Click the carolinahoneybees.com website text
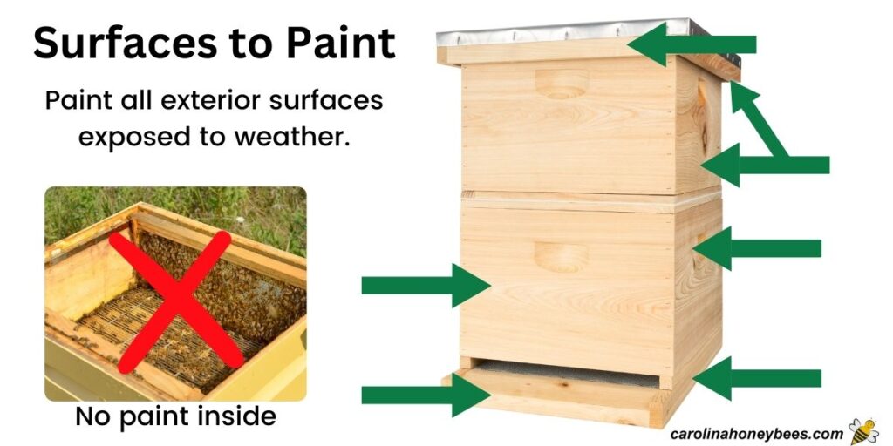click(x=757, y=433)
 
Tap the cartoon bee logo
click(x=864, y=430)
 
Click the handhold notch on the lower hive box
click(x=560, y=257)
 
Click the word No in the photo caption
click(x=92, y=417)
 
